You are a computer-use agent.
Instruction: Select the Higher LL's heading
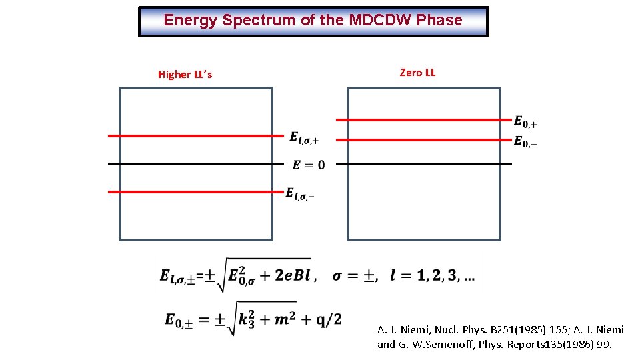tap(185, 75)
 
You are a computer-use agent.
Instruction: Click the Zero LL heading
tap(417, 73)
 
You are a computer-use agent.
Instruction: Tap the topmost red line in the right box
tap(423, 120)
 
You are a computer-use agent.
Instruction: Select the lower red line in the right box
tap(423, 140)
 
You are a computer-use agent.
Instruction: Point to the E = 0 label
tap(309, 165)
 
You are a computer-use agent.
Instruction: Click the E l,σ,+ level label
tap(304, 137)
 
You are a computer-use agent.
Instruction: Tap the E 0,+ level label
tap(525, 121)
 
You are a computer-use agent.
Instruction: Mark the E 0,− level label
tap(525, 141)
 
